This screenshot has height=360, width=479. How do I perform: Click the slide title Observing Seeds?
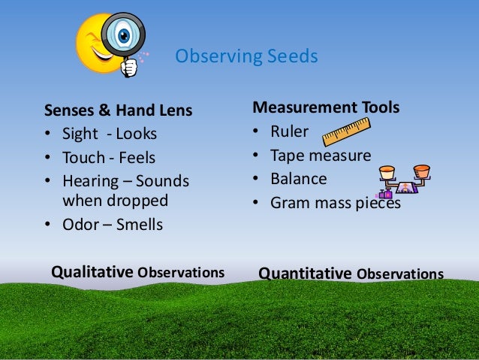coord(246,56)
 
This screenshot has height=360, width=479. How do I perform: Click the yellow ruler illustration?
coord(346,132)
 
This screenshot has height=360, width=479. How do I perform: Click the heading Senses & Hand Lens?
coord(119,111)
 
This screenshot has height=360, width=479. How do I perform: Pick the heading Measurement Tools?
coord(326,107)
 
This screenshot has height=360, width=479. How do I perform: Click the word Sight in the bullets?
coord(77,135)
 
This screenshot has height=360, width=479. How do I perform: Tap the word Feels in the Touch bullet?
coord(140,159)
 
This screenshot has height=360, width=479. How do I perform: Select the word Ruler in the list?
coord(290,132)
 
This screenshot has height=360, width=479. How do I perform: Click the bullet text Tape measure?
coord(321,156)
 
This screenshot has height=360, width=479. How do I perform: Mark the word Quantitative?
coord(306,273)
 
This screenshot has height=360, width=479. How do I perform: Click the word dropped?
coord(141,201)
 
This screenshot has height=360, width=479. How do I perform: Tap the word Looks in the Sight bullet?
coord(139,135)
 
